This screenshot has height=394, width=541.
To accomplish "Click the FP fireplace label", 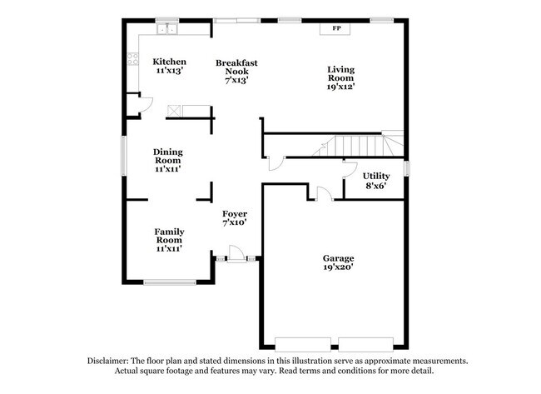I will [337, 29].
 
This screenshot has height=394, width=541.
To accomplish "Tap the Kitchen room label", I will [169, 62].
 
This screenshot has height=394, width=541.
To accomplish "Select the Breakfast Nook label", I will [236, 62].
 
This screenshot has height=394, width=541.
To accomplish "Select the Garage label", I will [339, 258].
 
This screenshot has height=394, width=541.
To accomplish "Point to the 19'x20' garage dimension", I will [339, 268].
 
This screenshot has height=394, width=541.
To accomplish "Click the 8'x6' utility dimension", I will [375, 186].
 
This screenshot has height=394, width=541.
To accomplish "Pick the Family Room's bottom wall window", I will [169, 282].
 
